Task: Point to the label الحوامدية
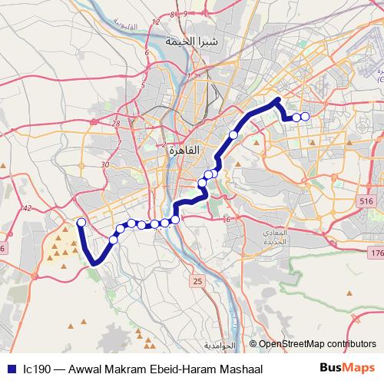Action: pyautogui.click(x=221, y=346)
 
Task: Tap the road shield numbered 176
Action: pyautogui.click(x=376, y=253)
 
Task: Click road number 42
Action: pyautogui.click(x=28, y=208)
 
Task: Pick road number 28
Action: pyautogui.click(x=116, y=123)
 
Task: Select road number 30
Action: pyautogui.click(x=104, y=164)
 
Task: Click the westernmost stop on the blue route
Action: pyautogui.click(x=81, y=223)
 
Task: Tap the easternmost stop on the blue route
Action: pyautogui.click(x=305, y=117)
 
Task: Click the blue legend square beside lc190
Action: pyautogui.click(x=9, y=369)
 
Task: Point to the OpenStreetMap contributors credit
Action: pyautogui.click(x=317, y=344)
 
